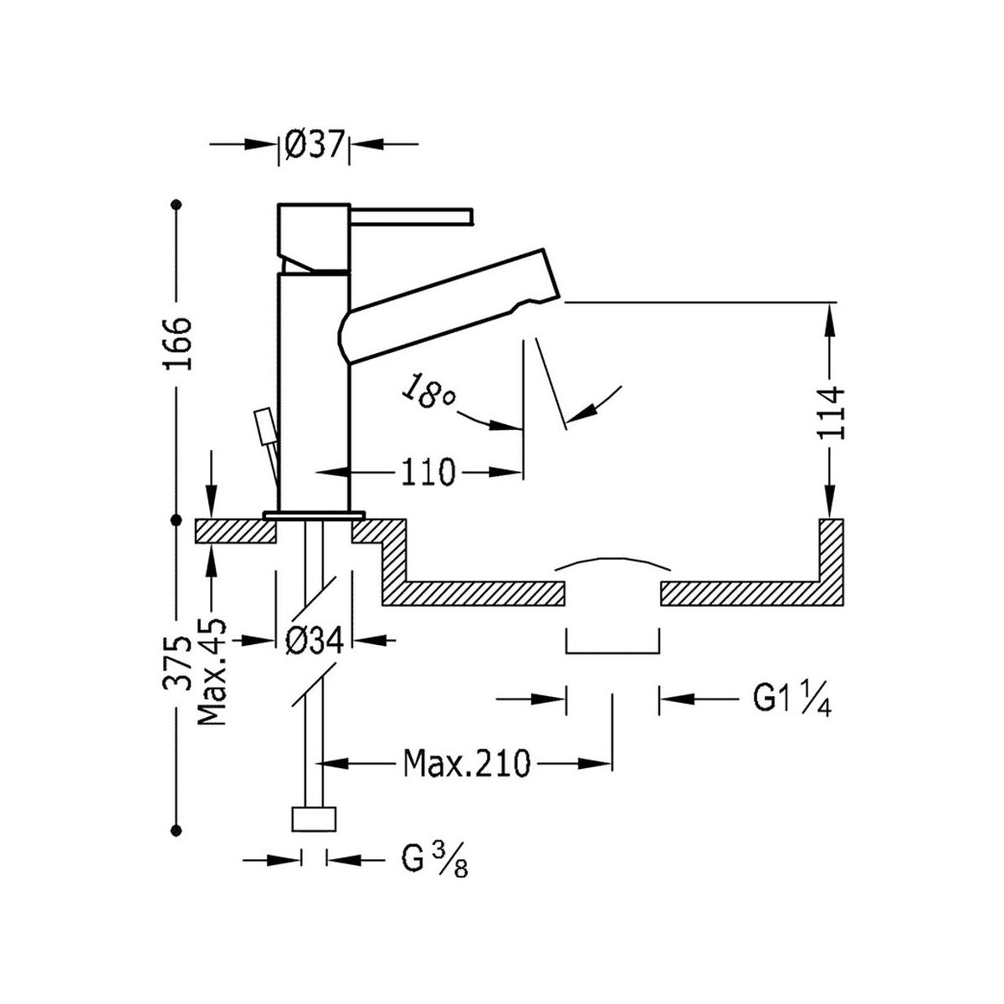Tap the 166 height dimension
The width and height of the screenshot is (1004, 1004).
point(178,344)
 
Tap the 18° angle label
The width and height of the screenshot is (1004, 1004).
point(428,392)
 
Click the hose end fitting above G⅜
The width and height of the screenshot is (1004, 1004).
point(314,818)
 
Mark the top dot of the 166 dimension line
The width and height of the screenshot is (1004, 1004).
point(176,204)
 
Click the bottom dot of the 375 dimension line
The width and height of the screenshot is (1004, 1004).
point(176,829)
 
